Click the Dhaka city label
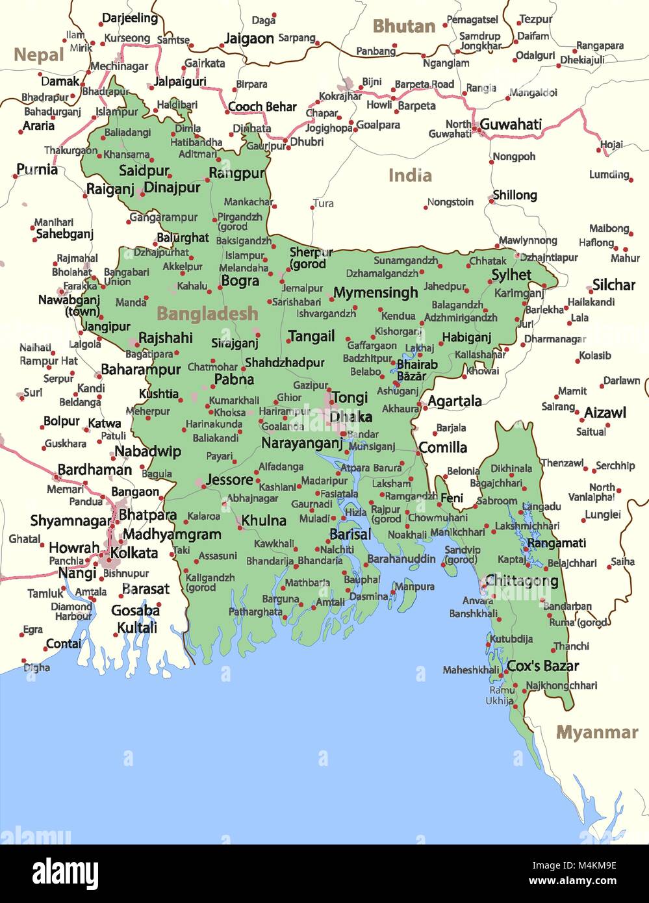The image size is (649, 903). [x=351, y=416]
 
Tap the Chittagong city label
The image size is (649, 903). [x=522, y=580]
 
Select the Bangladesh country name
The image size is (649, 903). [x=207, y=314]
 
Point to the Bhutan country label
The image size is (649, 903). [x=403, y=27]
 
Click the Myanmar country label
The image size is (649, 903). [x=597, y=732]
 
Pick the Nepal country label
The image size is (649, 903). [x=38, y=55]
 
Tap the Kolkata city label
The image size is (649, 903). [x=134, y=553]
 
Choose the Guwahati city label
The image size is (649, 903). [x=511, y=124]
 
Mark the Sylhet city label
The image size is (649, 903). [x=511, y=275]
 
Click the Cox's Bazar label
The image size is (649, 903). [x=542, y=666]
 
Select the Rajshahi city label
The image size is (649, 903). [x=166, y=338]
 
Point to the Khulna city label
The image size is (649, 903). [x=264, y=520]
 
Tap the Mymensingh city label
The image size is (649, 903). [x=375, y=293]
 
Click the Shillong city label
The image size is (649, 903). [x=515, y=195]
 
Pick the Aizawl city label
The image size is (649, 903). [x=605, y=413]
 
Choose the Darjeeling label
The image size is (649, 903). [x=129, y=18]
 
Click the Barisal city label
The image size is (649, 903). [x=350, y=534]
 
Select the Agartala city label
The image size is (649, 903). [x=455, y=401]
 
